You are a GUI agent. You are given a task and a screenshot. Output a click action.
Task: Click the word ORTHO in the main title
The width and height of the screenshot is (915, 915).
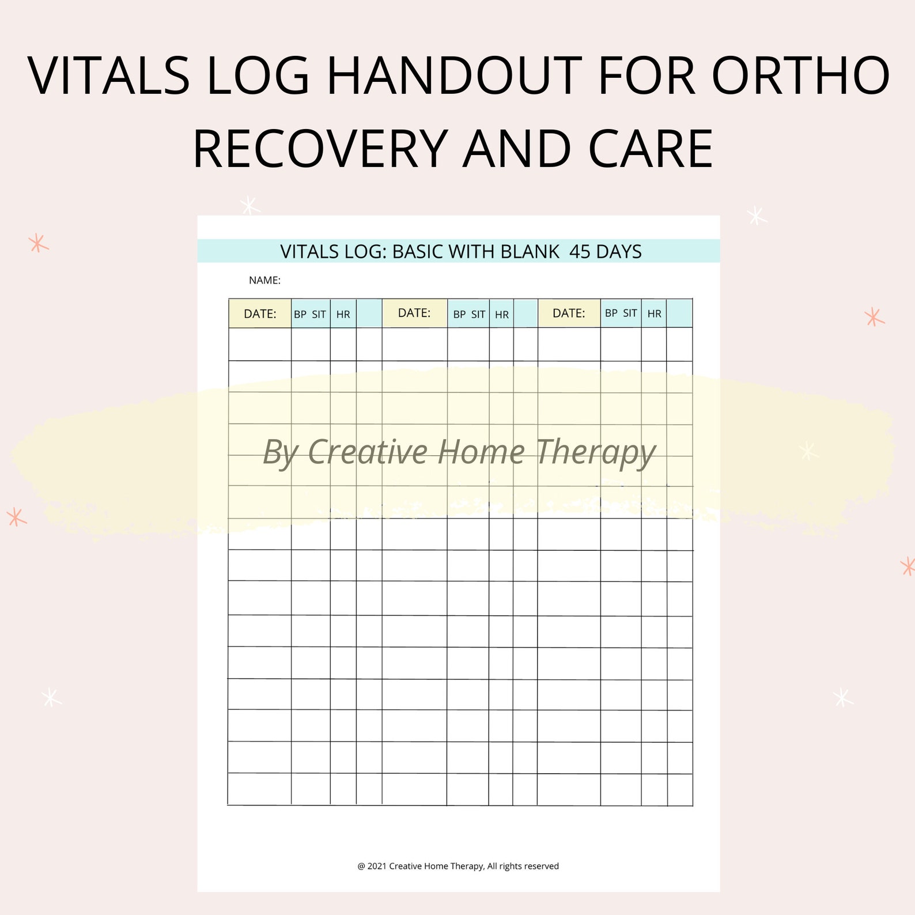pos(801,76)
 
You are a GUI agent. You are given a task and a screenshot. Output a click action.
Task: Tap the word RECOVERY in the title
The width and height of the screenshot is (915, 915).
pos(320,149)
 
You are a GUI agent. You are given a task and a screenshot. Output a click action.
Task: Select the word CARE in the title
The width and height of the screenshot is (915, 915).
pos(651,149)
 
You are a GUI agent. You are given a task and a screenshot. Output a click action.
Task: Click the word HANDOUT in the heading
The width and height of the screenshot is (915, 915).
pos(455,76)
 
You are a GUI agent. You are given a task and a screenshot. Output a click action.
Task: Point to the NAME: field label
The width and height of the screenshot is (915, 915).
pos(264,281)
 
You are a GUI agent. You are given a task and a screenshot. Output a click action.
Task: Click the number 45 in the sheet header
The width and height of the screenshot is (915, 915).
pos(580,252)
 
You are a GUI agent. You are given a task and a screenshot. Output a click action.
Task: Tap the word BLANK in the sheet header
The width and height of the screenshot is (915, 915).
pos(530,252)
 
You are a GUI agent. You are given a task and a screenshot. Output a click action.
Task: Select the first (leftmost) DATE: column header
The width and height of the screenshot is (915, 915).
pos(260,314)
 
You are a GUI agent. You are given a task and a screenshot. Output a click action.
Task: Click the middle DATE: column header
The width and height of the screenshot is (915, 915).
pos(414,313)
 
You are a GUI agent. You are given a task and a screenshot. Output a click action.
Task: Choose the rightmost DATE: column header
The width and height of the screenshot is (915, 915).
pos(569,313)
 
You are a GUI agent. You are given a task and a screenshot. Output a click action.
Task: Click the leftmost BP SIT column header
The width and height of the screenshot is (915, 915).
pos(310,315)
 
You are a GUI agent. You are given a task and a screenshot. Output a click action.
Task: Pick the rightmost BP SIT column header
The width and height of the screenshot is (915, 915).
pos(621,313)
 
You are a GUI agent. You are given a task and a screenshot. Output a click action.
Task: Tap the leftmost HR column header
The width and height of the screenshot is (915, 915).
pos(343,315)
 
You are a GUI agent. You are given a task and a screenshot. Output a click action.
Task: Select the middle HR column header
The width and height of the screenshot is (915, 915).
pos(501,315)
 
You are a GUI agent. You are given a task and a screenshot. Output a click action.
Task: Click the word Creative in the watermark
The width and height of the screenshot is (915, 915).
pos(368,452)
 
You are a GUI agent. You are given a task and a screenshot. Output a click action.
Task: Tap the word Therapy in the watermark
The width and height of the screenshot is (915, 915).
pos(596,453)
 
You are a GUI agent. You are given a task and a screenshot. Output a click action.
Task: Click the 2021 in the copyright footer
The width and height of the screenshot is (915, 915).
pos(377,866)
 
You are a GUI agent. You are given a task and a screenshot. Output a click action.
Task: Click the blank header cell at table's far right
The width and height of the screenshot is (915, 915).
pos(679,313)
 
